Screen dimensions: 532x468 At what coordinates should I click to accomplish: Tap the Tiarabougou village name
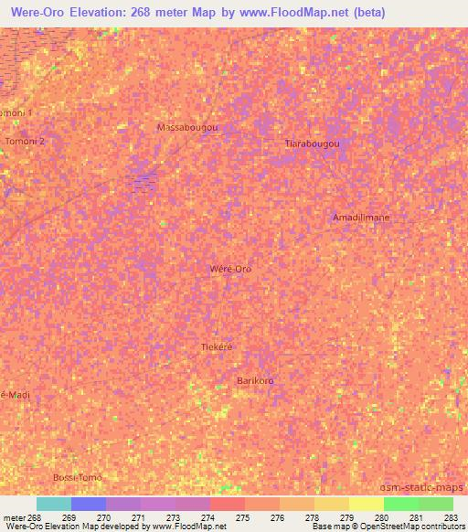[313, 144]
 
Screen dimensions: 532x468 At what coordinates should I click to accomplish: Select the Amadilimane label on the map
[361, 217]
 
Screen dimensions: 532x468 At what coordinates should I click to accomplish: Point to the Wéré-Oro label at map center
[230, 269]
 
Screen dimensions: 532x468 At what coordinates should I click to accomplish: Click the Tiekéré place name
[218, 347]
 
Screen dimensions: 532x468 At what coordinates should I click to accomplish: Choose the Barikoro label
[255, 380]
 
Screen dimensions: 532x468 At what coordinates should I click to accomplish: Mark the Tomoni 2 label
[25, 142]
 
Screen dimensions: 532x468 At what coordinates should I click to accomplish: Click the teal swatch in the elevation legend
[54, 504]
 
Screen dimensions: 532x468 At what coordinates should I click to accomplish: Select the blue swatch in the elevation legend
[89, 504]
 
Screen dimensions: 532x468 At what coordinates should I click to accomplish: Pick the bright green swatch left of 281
[400, 504]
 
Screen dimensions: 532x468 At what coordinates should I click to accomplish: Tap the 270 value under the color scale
[104, 517]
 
